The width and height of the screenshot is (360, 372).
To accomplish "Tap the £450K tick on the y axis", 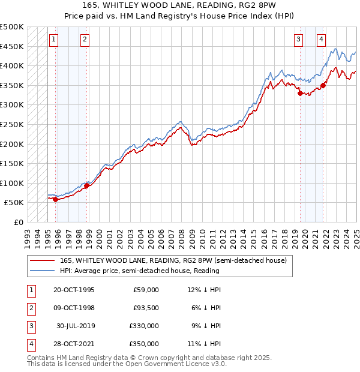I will (12, 46).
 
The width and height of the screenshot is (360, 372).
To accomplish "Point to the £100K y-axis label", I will (12, 183).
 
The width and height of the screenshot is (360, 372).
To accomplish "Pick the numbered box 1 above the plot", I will (53, 40).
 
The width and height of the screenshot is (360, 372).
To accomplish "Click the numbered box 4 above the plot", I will (322, 40).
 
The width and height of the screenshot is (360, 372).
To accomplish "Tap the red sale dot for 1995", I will (56, 200).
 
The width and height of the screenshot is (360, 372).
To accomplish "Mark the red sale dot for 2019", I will (300, 92).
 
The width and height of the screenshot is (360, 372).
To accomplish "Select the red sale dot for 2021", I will (323, 85).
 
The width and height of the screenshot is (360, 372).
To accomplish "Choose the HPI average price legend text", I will (139, 271).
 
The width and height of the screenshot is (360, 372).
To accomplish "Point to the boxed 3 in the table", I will (31, 326).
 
